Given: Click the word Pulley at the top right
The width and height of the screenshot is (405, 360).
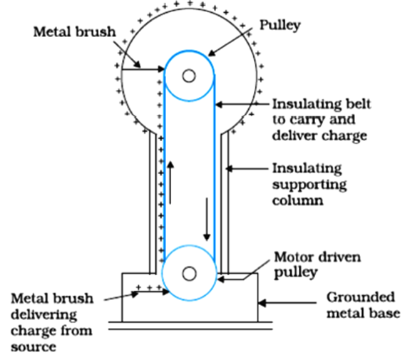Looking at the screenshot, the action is click(x=280, y=26).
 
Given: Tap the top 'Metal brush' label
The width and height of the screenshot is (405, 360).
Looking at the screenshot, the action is click(x=74, y=32).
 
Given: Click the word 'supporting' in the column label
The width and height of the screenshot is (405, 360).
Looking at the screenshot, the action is click(x=309, y=185).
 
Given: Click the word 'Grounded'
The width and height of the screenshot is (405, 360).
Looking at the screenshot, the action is click(x=361, y=297).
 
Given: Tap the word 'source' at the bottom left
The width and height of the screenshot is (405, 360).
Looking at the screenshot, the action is click(x=34, y=347).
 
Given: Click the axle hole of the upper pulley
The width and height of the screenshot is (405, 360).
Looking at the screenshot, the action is click(x=189, y=76).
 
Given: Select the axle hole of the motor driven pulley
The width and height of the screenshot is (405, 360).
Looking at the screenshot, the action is click(x=189, y=274).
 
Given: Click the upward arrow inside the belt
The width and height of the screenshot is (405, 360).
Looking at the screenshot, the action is click(x=170, y=182).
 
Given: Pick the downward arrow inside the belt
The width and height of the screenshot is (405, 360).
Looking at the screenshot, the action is click(x=207, y=220).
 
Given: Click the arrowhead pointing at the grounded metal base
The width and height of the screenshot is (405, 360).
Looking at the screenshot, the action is click(x=262, y=303).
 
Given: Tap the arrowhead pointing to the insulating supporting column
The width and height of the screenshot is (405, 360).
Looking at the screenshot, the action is click(x=230, y=169).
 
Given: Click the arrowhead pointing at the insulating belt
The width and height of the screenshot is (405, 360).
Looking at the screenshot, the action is click(x=219, y=105).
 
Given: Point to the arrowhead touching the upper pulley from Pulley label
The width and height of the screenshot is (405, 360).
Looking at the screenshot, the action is click(x=212, y=53).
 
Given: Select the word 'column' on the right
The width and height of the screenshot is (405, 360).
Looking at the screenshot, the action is click(x=297, y=200).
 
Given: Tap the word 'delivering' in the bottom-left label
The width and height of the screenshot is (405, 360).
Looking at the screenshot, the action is click(x=44, y=315).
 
